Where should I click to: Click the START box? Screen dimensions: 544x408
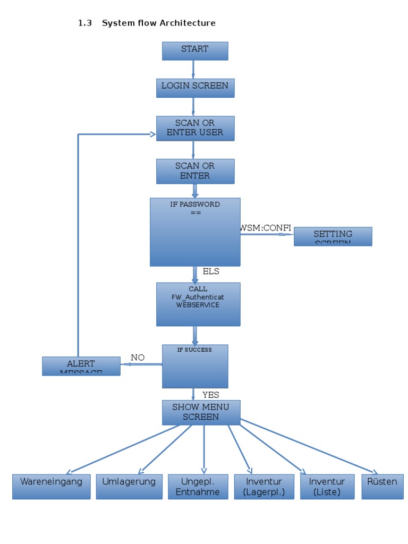195,51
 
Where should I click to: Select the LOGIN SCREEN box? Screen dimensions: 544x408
195,88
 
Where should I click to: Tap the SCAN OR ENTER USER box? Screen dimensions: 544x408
195,128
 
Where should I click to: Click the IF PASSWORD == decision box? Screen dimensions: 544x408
195,232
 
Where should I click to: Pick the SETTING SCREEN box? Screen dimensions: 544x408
333,236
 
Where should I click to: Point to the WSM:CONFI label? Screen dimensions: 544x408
266,228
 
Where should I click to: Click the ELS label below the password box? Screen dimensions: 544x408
211,271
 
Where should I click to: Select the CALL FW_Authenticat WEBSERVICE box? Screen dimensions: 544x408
198,304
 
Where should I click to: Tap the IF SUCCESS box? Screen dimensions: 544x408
195,366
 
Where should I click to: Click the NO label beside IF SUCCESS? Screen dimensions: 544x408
138,358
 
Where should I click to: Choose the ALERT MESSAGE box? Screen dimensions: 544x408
81,366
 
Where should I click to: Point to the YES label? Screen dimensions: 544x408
211,395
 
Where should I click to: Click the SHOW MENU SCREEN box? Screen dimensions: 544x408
201,412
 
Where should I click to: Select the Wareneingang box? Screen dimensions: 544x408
52,487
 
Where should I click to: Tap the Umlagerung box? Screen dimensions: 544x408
129,487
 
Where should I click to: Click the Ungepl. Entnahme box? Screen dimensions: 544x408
198,487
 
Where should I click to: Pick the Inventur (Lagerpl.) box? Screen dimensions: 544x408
264,487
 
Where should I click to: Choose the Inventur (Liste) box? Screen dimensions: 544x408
327,487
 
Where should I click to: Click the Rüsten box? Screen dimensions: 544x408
382,487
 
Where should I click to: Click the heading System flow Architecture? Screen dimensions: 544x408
158,23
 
